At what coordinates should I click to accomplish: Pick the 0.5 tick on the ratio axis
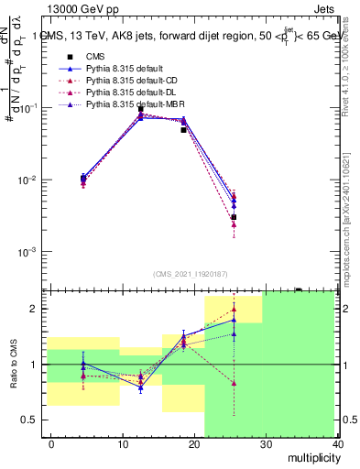pyautogui.click(x=28, y=420)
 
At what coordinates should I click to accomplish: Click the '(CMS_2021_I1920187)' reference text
pyautogui.click(x=191, y=274)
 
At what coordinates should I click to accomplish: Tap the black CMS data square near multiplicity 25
pyautogui.click(x=234, y=217)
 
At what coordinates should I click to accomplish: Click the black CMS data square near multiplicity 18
pyautogui.click(x=183, y=130)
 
